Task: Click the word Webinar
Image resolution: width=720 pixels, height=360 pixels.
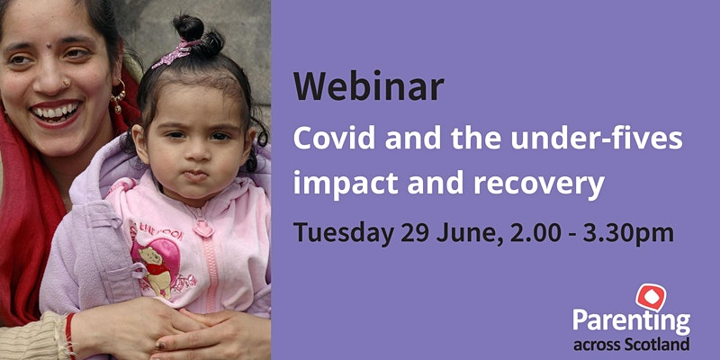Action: coord(369,86)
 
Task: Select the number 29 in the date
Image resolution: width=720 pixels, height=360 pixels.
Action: coord(415,232)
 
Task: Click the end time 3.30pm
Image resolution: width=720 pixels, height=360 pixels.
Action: coord(628,234)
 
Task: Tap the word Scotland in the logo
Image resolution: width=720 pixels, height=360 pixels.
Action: coord(658,344)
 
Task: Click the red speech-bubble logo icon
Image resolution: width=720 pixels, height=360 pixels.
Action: coord(651,297)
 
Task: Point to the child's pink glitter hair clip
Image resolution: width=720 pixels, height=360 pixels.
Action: coord(173,55)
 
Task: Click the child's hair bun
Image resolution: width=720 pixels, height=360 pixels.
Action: coord(198,34)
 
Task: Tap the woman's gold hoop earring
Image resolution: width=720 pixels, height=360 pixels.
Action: coord(119,95)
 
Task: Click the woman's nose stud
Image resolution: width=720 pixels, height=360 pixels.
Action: coord(67,83)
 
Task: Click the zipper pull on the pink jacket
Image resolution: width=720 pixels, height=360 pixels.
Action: coord(202,228)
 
